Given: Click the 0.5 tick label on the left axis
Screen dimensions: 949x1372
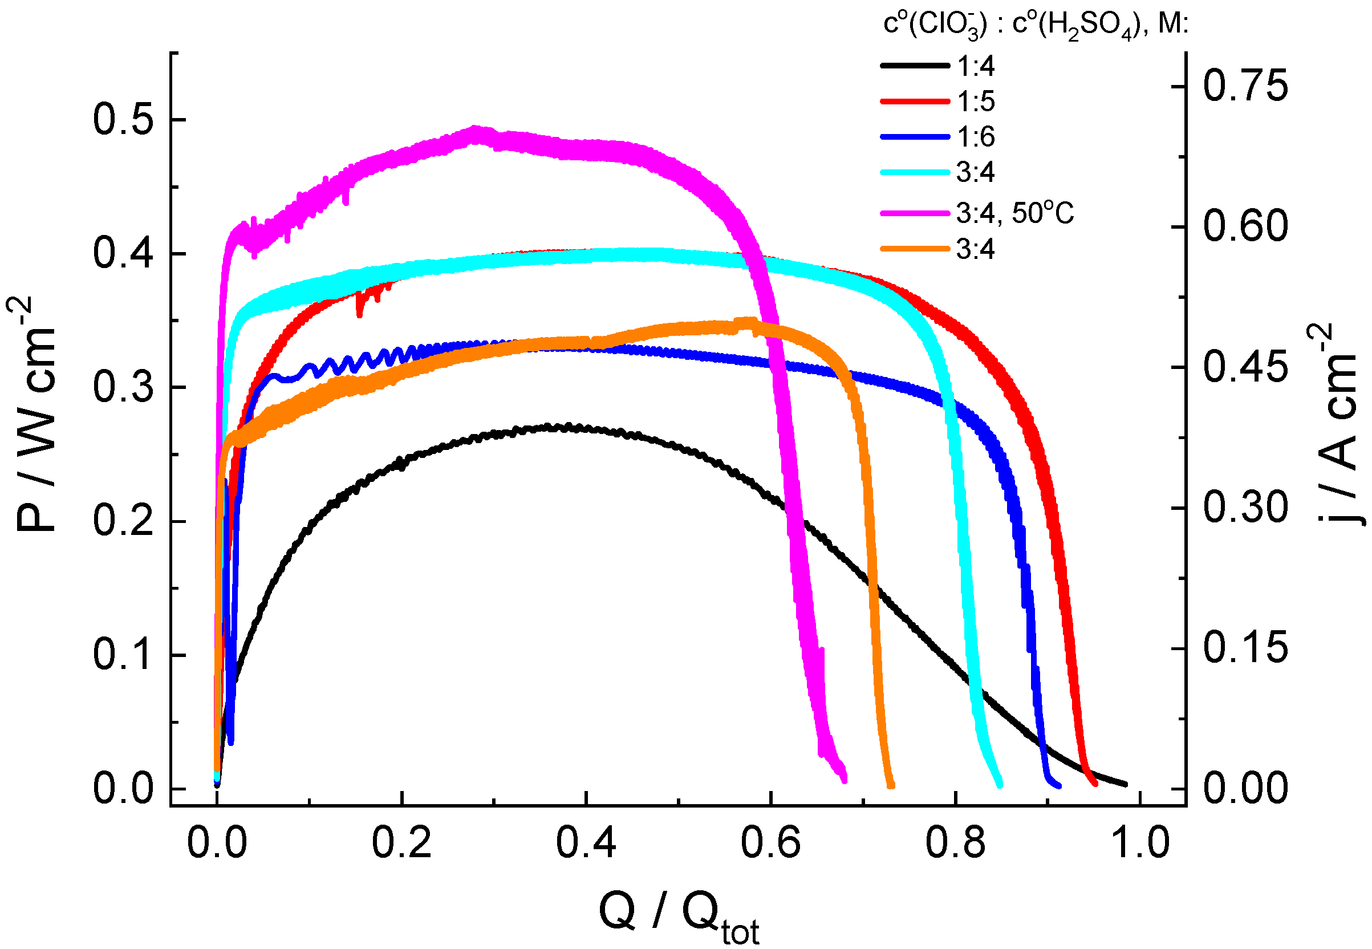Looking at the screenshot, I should click(x=123, y=119).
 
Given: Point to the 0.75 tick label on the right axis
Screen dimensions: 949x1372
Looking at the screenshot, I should click(x=1245, y=86).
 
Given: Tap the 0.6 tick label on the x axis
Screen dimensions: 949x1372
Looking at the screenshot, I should click(x=770, y=843).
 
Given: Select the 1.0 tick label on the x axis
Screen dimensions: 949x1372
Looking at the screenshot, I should click(x=1139, y=843).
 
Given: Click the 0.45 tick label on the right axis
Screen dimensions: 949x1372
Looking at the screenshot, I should click(x=1245, y=367).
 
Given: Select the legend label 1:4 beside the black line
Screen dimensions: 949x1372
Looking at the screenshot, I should click(x=976, y=66).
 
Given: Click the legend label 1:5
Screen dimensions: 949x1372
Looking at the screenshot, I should click(x=976, y=101).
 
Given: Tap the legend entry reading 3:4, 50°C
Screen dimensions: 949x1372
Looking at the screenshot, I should click(x=1014, y=213).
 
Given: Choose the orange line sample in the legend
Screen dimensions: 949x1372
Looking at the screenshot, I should click(x=914, y=249).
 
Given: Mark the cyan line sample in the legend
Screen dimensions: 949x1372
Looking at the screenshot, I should click(x=914, y=172).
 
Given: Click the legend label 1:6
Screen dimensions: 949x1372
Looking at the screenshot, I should click(x=976, y=137).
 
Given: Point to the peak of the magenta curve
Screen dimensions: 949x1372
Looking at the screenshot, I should click(x=474, y=129).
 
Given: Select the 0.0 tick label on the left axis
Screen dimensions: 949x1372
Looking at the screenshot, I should click(x=123, y=789).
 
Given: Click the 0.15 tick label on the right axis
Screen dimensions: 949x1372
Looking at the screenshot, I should click(x=1245, y=648).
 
